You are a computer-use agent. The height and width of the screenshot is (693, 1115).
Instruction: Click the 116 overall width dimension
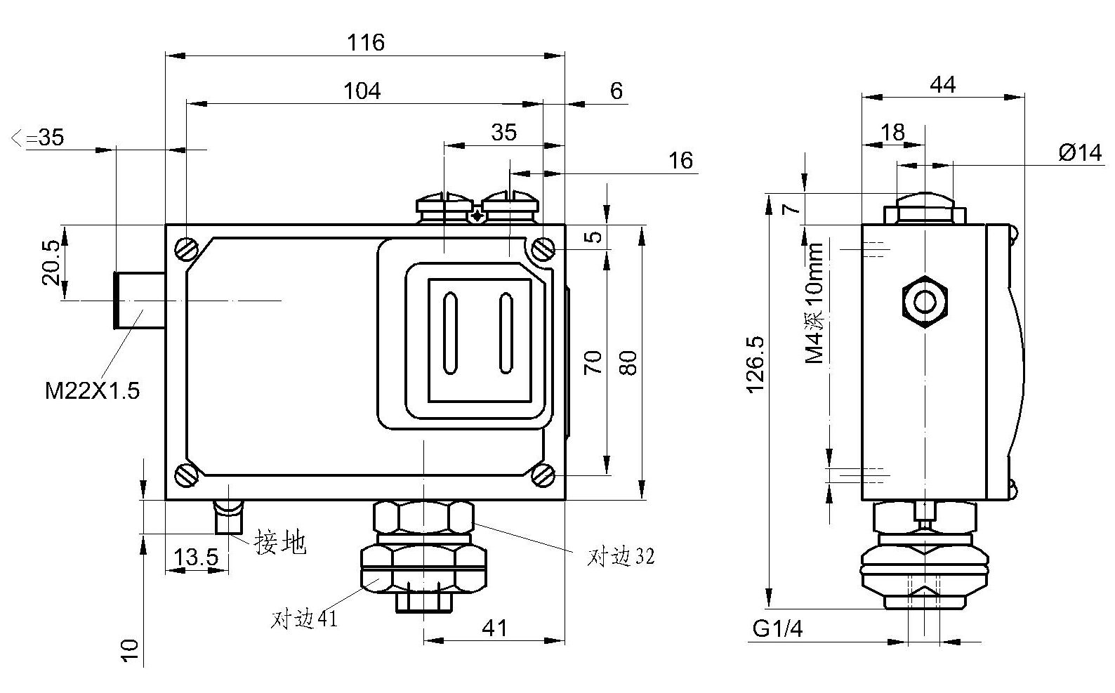coord(366,43)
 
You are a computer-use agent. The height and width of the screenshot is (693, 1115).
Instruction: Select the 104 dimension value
coord(362,91)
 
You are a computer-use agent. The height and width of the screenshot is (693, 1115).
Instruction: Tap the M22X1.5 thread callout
coord(92,391)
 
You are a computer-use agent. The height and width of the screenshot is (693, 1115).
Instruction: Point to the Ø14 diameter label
coord(1080,152)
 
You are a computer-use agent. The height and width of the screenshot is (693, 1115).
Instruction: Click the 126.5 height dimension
coord(756,365)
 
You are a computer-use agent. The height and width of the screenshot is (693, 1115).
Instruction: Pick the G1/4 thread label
coord(777,629)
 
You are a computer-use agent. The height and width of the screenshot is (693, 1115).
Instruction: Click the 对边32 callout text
coord(621,557)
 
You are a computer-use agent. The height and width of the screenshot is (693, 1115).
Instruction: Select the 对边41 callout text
coord(304,619)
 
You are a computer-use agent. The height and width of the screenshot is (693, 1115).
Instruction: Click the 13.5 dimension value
coord(196,558)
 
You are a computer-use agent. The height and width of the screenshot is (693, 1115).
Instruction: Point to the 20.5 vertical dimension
coord(51,263)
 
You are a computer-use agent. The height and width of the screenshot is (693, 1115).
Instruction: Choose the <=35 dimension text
coord(38,138)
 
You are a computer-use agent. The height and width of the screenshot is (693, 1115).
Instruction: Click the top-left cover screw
coord(186,249)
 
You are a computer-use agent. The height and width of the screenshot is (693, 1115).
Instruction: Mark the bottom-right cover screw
coord(543,475)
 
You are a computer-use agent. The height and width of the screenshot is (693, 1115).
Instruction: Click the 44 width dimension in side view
coord(942,84)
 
